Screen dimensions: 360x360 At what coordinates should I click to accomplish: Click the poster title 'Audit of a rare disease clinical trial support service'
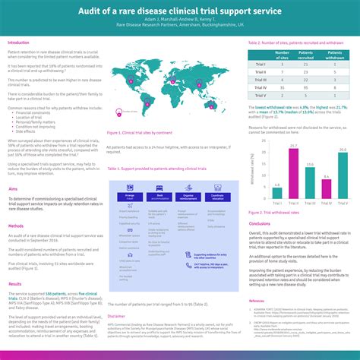180,12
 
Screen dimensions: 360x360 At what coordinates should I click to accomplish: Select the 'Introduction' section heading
19,43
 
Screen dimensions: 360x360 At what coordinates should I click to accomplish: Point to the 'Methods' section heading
16,226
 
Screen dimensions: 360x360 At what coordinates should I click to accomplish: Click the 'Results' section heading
15,283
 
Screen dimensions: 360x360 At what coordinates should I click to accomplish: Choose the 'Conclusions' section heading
260,224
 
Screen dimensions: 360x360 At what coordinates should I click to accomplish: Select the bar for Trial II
293,169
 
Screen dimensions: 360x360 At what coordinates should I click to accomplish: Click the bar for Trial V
343,171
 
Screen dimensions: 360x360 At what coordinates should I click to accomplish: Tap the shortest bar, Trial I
276,188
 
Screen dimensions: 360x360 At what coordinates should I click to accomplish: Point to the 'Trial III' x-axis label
310,203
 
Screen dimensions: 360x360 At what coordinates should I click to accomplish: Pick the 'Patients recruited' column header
308,54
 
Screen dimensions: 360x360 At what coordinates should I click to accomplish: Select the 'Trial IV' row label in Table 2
261,87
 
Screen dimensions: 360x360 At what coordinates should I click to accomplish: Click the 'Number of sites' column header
283,54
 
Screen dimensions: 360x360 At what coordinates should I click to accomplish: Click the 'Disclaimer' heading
116,315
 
